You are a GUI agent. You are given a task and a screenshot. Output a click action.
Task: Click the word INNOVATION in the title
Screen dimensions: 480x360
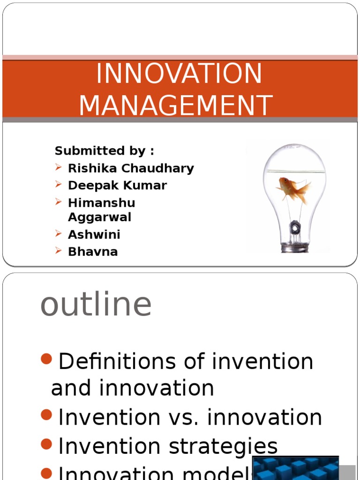coord(179,74)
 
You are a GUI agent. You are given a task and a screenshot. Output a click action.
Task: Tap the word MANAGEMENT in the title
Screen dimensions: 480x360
coord(176,105)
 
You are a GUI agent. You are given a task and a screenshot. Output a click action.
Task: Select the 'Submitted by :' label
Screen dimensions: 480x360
coord(104,151)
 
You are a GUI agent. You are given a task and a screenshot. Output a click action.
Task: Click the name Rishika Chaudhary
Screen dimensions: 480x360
coord(131,168)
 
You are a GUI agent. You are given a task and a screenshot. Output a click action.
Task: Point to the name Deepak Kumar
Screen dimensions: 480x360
coord(117,185)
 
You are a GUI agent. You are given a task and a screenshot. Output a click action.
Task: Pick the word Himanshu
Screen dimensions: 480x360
coord(101,203)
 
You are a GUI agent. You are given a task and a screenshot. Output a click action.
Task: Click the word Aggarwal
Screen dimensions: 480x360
coord(99,217)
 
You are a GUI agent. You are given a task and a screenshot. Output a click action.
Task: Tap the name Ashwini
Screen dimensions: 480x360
coord(94,234)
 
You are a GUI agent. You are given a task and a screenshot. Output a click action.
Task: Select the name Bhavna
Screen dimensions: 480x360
coord(92,252)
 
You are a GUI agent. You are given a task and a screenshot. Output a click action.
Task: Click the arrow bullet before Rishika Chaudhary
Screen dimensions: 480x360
coord(58,167)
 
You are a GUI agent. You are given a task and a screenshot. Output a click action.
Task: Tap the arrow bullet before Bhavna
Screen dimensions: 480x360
coord(58,251)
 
